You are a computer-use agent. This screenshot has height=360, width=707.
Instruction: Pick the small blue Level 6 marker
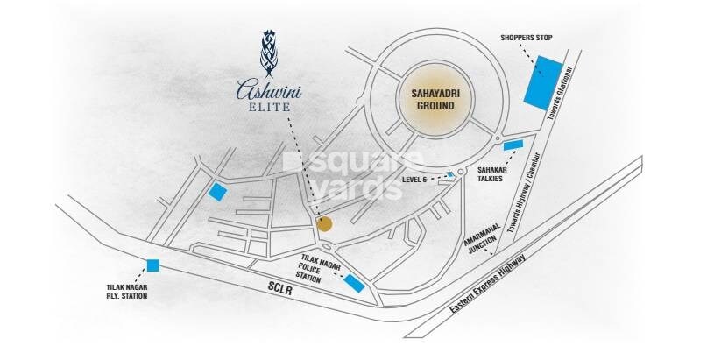point(451,175)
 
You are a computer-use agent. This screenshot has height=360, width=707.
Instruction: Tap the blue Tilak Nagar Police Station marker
point(354,282)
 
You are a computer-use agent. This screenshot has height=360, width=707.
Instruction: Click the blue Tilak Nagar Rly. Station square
point(153,265)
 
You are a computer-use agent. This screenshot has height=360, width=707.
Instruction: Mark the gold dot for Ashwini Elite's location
point(324,224)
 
